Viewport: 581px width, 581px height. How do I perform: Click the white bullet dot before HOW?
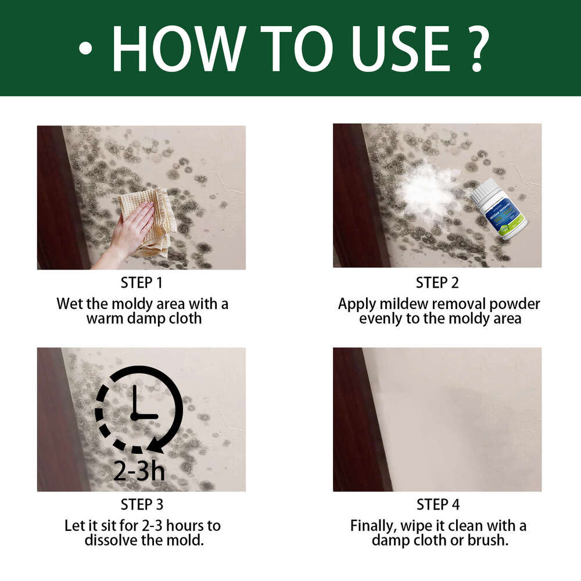tap(85, 49)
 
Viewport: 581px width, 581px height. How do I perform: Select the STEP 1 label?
tap(142, 283)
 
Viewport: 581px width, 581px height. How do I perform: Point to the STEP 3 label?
tap(142, 504)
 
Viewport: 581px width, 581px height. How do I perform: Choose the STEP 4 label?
tap(437, 504)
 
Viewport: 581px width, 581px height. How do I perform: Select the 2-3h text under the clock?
tap(139, 471)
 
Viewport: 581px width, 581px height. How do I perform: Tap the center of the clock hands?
tap(135, 416)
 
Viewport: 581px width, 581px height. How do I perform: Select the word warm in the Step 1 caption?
tap(104, 318)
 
